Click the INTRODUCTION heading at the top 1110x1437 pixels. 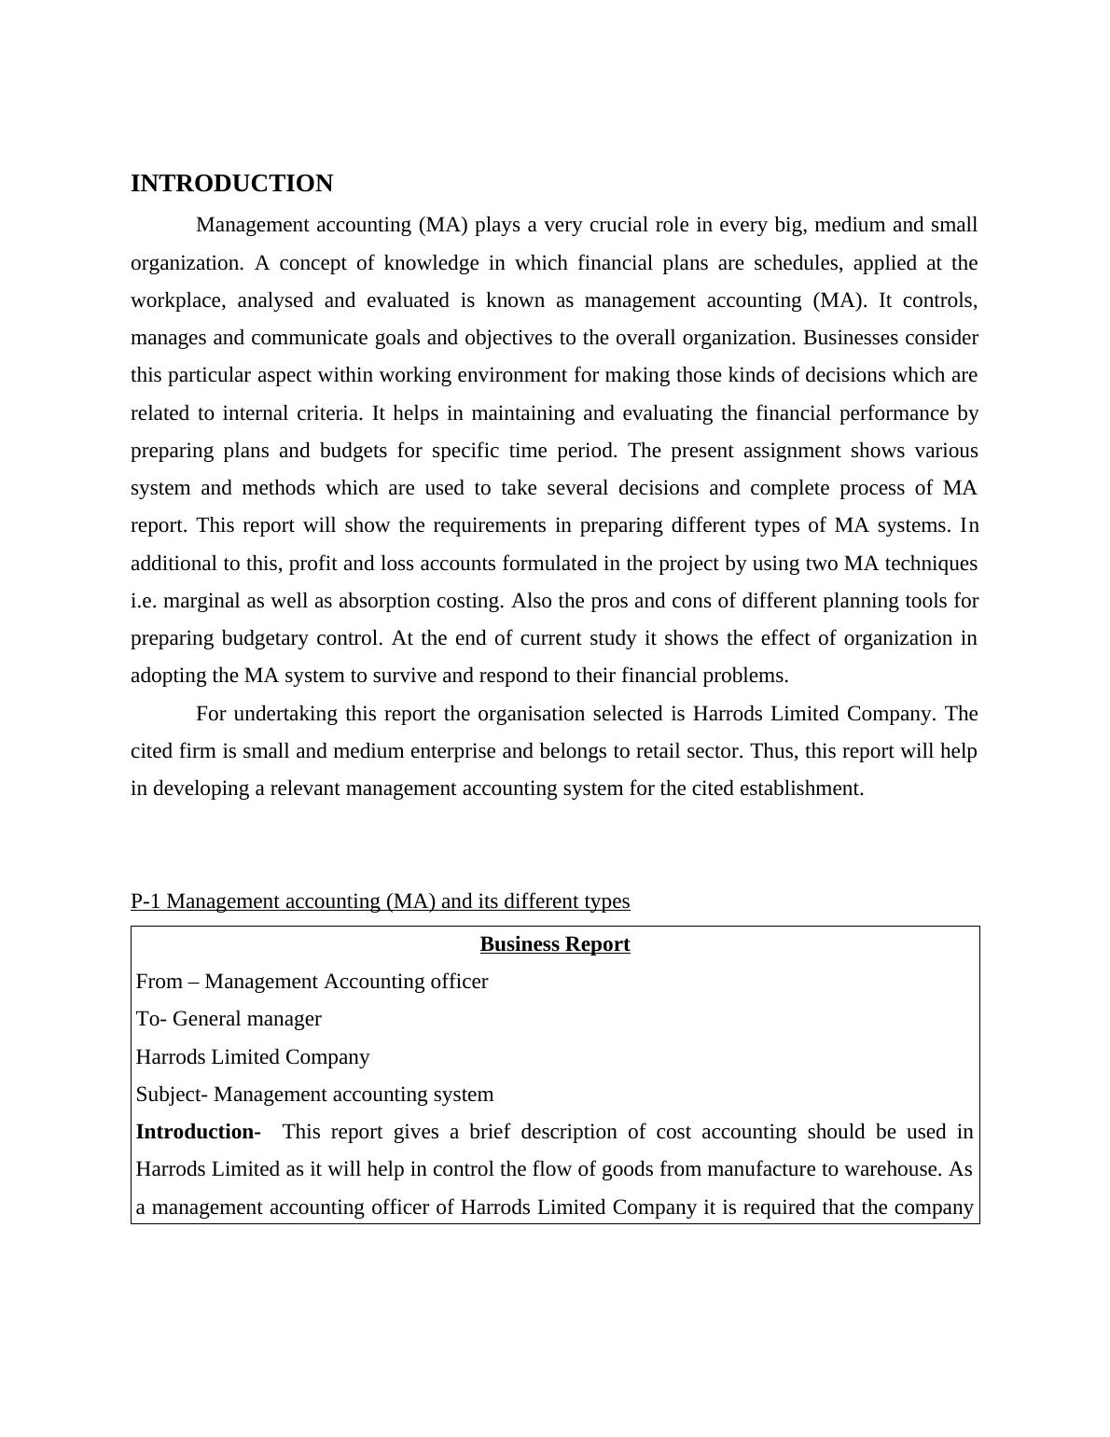coord(231,184)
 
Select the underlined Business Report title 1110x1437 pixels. coord(555,944)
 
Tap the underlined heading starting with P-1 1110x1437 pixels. coord(380,901)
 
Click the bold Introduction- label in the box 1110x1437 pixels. coord(198,1132)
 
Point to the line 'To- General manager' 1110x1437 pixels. coord(229,1019)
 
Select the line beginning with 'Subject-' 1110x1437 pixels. coord(314,1095)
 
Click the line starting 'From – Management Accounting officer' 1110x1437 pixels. coord(312,982)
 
